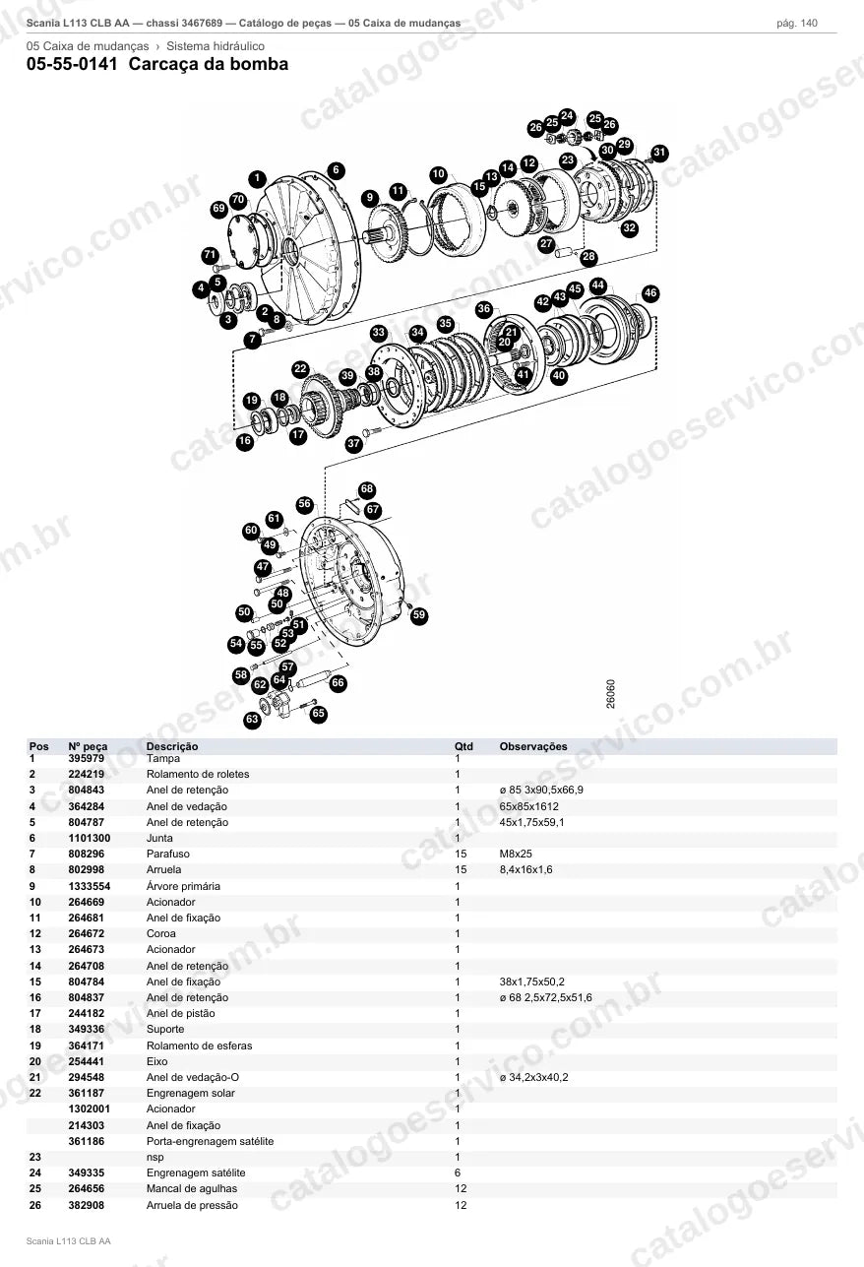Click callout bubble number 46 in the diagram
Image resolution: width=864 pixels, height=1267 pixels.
650,293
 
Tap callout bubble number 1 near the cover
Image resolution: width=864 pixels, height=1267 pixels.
257,179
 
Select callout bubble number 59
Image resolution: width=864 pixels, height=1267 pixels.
418,615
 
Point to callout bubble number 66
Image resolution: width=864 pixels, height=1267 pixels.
338,682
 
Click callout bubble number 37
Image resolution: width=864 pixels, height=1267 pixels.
354,443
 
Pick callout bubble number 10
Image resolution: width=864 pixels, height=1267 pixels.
438,174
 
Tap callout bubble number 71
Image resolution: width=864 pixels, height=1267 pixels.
210,255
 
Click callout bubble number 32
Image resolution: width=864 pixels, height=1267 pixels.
630,228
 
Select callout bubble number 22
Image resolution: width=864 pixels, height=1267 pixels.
300,370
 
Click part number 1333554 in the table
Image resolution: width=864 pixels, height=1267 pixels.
90,886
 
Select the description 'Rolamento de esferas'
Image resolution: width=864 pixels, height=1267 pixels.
199,1045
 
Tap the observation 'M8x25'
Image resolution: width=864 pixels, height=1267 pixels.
516,854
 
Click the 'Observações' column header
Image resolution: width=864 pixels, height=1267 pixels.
533,746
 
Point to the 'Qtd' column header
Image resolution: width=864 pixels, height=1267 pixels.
463,746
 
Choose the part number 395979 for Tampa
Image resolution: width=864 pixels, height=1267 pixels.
86,758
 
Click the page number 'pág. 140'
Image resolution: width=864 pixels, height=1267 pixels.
797,24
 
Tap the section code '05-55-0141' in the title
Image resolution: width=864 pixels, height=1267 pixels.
72,64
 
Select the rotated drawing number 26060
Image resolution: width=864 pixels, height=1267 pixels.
611,694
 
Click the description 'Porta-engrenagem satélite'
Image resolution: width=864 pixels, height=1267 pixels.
210,1141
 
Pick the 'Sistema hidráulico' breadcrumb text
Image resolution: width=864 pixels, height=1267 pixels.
216,46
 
